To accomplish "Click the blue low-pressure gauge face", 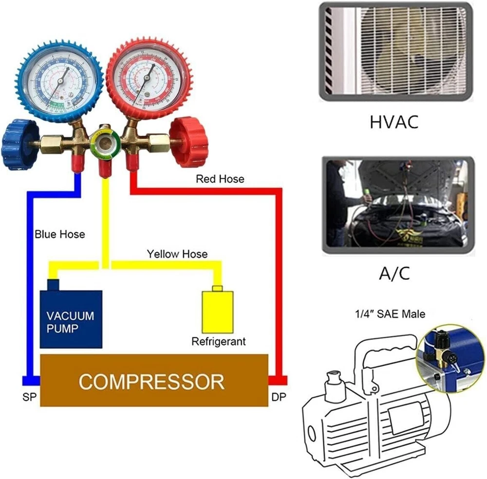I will click(59, 81).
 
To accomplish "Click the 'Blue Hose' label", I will click(59, 234).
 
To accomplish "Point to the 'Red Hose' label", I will click(220, 179).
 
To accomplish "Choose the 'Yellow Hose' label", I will click(177, 254).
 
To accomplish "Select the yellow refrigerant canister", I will click(217, 312).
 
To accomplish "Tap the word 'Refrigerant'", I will click(218, 341).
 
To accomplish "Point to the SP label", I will click(29, 397).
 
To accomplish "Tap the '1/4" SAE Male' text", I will click(390, 314).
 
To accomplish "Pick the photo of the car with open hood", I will click(397, 205).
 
